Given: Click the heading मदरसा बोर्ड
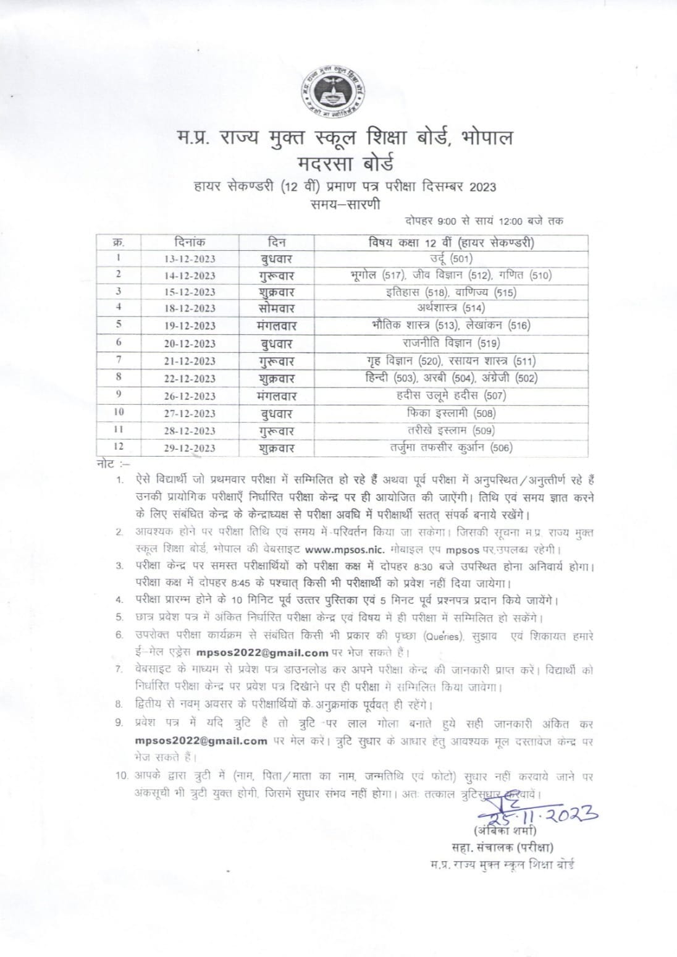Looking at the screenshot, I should [337, 164].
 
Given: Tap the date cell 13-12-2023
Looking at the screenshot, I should [190, 259].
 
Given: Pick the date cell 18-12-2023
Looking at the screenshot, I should [190, 308].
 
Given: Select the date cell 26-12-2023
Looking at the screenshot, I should [190, 396].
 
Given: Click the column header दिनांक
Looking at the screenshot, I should [190, 242].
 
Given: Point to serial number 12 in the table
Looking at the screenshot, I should [118, 447].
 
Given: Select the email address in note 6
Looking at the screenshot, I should [263, 651].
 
